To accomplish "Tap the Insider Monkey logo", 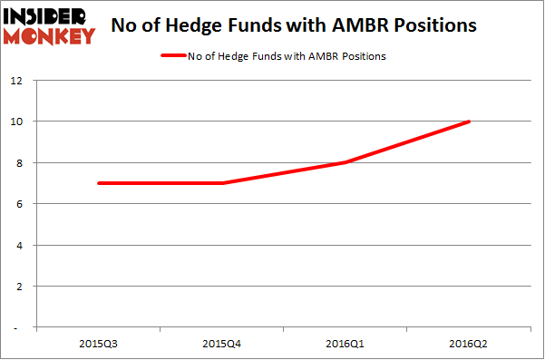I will click(x=49, y=25).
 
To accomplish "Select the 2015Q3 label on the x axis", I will click(x=98, y=344).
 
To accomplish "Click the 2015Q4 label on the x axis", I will click(x=222, y=344).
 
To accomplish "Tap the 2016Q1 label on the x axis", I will click(x=346, y=344).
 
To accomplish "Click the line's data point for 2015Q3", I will click(x=98, y=183).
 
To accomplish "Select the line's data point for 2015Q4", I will click(x=222, y=183).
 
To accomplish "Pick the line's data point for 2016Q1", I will click(x=346, y=162).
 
